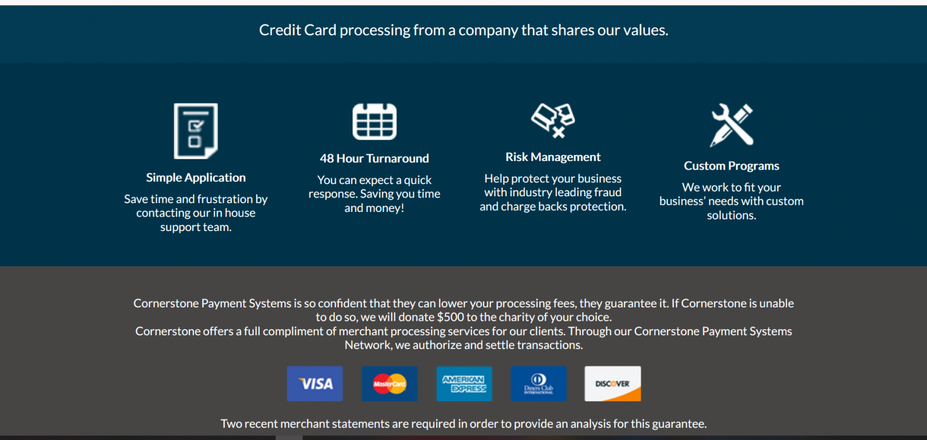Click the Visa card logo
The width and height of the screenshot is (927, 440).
click(315, 384)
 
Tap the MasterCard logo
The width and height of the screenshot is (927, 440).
click(389, 384)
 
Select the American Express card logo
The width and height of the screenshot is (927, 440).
click(464, 384)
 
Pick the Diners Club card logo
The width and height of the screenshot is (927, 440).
click(538, 384)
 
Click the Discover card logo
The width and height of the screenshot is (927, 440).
click(612, 384)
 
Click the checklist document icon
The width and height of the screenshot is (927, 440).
click(196, 131)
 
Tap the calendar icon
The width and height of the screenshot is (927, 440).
click(374, 122)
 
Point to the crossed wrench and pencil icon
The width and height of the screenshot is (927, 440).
click(732, 125)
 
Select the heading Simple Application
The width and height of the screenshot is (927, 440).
click(196, 177)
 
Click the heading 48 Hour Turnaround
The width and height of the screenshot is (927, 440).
click(374, 159)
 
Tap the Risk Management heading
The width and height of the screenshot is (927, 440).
click(553, 157)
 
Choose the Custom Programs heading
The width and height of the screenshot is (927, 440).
click(732, 166)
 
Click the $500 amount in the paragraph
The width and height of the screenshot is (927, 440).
click(450, 317)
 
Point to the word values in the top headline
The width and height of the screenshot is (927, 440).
click(648, 30)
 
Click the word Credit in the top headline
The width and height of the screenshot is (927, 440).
click(280, 30)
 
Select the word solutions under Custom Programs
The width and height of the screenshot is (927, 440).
click(731, 215)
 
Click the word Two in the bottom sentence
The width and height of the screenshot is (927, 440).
click(229, 424)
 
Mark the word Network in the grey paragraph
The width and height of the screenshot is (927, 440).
click(367, 345)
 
